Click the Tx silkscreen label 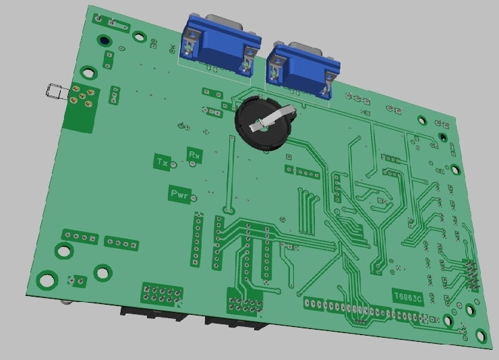coord(162,162)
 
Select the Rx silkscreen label coord(194,155)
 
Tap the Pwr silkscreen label coord(179,193)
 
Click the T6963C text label coord(408,297)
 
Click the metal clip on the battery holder coord(273,118)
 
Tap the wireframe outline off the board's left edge coord(57,91)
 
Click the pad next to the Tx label coord(173,164)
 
